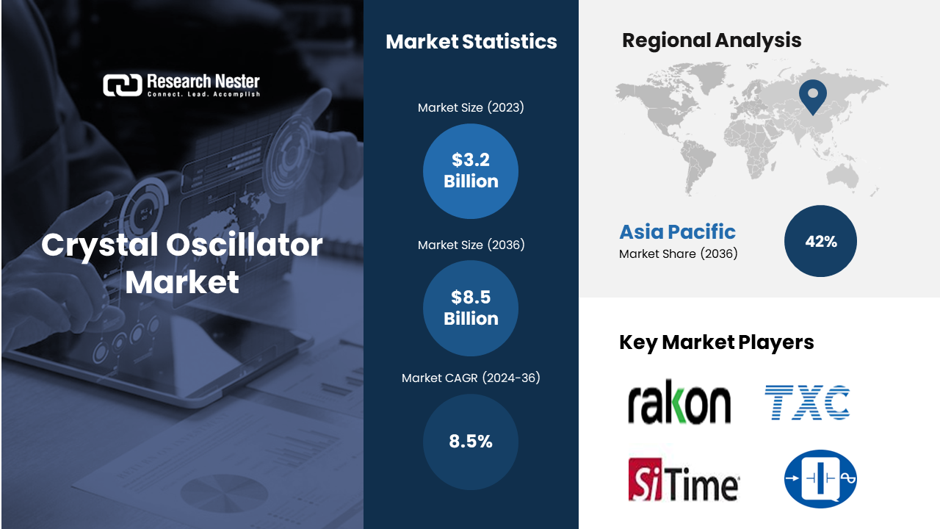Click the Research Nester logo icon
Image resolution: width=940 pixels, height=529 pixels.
(123, 84)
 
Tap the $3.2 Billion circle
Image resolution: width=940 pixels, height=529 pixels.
(471, 171)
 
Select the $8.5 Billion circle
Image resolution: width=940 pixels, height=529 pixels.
(471, 308)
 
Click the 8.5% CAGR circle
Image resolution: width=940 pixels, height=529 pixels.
(471, 442)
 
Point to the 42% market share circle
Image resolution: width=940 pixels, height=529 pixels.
(820, 241)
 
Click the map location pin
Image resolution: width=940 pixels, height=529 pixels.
(813, 96)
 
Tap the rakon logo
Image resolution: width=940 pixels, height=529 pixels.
(679, 401)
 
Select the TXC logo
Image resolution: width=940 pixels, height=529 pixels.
(807, 402)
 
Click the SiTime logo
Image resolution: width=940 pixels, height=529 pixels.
(684, 480)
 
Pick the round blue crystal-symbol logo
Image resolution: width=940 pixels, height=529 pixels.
(820, 478)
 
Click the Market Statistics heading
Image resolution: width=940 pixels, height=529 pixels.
(471, 42)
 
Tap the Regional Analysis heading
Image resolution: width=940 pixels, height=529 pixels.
(712, 40)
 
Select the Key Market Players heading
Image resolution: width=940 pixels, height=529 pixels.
(716, 342)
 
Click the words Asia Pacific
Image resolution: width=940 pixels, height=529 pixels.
(677, 231)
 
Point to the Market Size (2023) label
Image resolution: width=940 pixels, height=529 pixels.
(471, 107)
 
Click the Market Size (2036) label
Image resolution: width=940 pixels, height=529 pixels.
(471, 245)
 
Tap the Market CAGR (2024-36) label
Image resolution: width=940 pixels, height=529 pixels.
(471, 378)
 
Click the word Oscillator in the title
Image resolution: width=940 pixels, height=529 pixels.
(245, 245)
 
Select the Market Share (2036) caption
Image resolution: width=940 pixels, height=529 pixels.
(678, 254)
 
